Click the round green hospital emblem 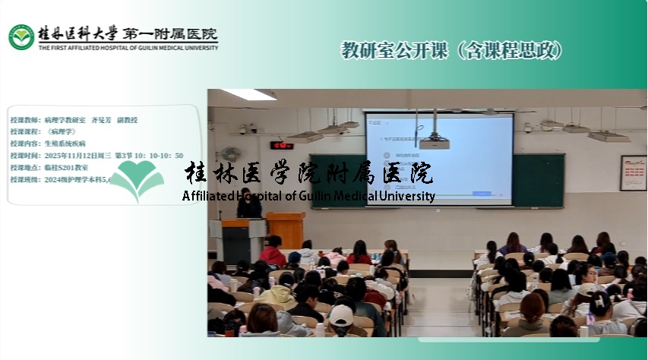point(21,36)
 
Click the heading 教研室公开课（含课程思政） point(453,51)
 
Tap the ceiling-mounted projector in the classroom point(434,142)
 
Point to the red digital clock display point(282,145)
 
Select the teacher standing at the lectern point(248,204)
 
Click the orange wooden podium point(286,229)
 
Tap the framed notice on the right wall point(633,172)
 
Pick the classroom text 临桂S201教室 point(66,167)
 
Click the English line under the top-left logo point(128,47)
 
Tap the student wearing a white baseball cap point(341,316)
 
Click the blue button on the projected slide point(482,194)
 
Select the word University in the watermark point(407,196)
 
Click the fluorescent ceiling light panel point(248,95)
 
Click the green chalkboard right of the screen point(538,180)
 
